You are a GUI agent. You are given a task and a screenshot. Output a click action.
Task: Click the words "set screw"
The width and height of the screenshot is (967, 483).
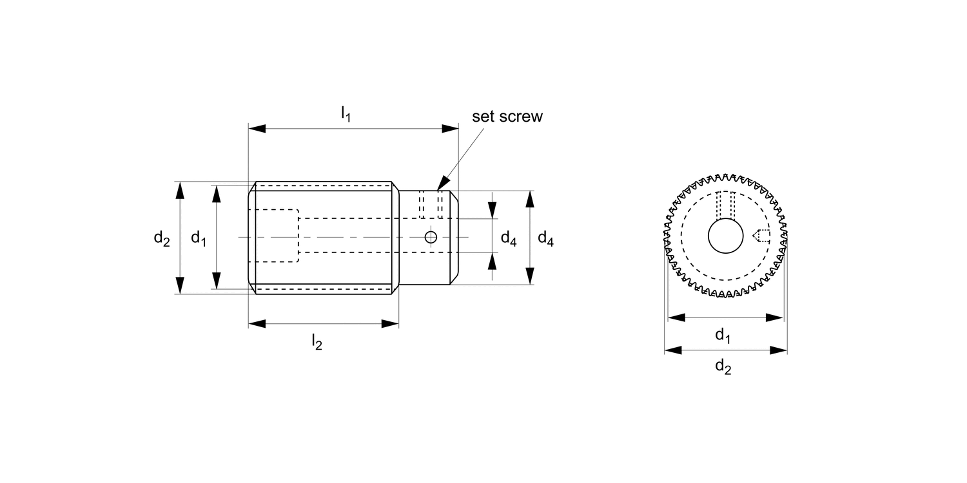[x=507, y=117]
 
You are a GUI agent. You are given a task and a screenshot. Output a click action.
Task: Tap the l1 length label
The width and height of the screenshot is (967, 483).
[x=346, y=114]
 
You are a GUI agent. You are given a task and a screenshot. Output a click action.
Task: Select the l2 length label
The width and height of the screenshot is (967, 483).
[x=317, y=341]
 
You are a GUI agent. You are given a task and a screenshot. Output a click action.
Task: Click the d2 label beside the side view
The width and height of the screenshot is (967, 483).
[x=161, y=238]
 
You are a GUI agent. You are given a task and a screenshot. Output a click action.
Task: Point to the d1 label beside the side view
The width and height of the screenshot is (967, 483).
[x=199, y=238]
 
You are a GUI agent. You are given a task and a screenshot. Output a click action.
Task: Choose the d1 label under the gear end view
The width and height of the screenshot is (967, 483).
[x=723, y=335]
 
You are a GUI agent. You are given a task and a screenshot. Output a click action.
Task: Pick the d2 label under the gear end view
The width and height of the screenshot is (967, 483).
[x=723, y=367]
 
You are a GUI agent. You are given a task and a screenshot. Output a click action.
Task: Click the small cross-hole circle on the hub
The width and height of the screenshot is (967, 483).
[x=431, y=238]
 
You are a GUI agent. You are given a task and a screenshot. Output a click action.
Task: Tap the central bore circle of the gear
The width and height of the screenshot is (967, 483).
[x=726, y=237]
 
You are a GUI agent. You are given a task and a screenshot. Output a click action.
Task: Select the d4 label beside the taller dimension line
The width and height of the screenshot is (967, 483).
[x=545, y=239]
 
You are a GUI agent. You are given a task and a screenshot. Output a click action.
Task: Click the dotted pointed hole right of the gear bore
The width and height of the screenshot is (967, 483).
[x=761, y=236]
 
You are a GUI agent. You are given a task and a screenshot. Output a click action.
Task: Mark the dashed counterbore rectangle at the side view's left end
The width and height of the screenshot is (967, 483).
[x=278, y=235]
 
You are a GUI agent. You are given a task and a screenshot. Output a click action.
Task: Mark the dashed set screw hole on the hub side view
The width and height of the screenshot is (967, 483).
[x=431, y=205]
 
